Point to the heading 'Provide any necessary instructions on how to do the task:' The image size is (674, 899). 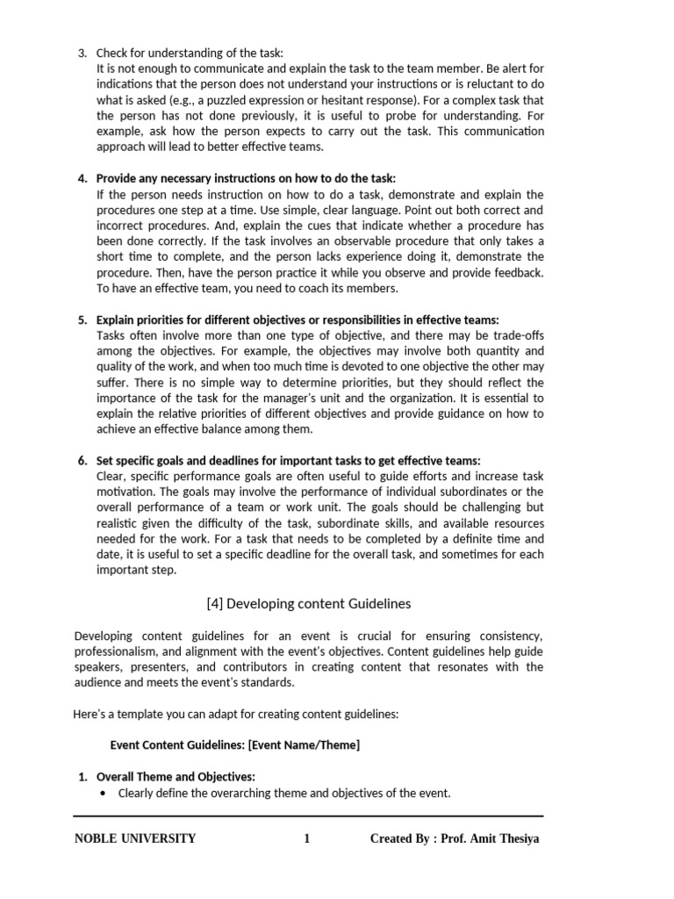click(x=246, y=178)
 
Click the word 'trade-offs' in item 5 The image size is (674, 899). click(x=514, y=335)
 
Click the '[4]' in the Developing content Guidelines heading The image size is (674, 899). click(x=215, y=604)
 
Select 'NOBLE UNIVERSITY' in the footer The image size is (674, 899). click(x=135, y=838)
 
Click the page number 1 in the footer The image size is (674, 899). click(x=307, y=838)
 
